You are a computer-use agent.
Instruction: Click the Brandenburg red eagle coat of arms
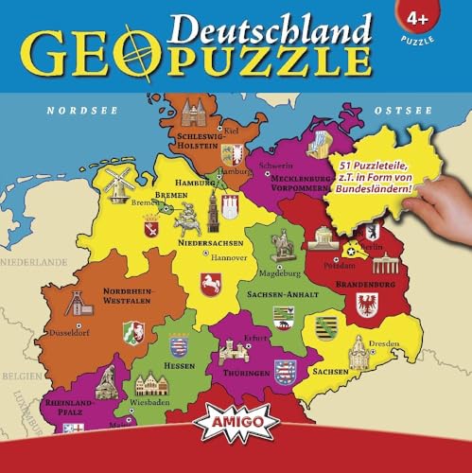366,305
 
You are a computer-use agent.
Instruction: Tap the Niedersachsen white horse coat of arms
210,283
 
